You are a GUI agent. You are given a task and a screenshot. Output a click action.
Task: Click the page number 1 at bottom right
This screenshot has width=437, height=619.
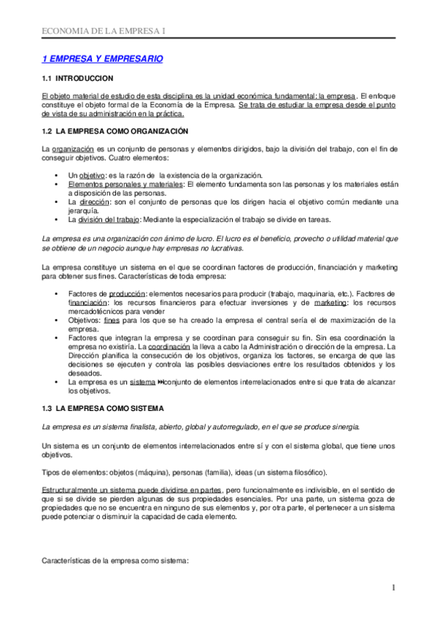(x=392, y=588)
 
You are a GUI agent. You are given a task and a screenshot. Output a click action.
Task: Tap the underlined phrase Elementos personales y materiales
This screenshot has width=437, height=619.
(x=125, y=185)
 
